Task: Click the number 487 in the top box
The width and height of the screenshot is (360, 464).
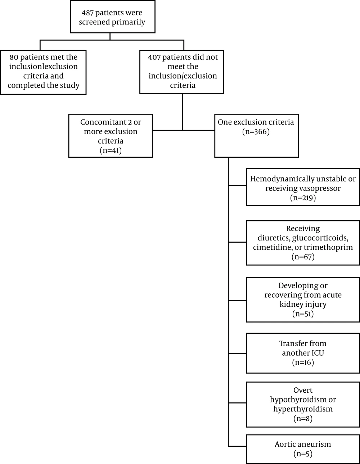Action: [x=87, y=13]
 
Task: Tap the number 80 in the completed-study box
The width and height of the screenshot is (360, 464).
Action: [x=14, y=57]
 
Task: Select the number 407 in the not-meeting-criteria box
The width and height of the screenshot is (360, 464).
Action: [x=154, y=57]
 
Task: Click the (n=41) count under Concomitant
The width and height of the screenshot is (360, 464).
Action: [x=111, y=150]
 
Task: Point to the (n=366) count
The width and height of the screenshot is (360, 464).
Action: [x=256, y=131]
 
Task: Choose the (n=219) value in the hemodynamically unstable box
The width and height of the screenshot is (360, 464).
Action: [x=303, y=198]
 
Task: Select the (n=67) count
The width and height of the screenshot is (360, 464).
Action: [x=303, y=257]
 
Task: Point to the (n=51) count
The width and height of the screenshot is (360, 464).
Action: [x=303, y=314]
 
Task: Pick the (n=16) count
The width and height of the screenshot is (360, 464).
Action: [x=303, y=362]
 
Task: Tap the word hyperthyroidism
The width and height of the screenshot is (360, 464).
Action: [x=303, y=409]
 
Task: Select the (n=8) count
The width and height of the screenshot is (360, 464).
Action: [x=303, y=419]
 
